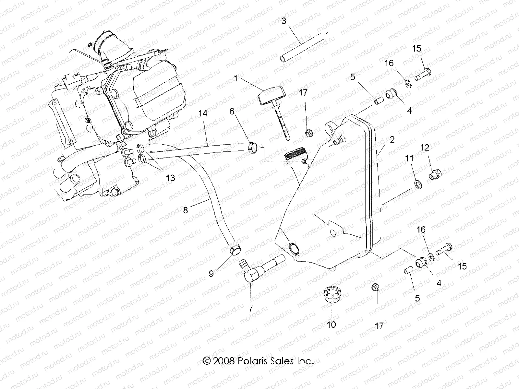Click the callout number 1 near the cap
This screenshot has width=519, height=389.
[245, 78]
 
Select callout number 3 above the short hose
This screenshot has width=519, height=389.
[284, 21]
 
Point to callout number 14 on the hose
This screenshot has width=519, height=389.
[203, 113]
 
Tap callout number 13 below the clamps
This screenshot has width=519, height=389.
[170, 178]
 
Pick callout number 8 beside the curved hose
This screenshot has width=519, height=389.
[185, 210]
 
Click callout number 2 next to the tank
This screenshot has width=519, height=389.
[392, 140]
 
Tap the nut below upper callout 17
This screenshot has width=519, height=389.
[308, 133]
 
